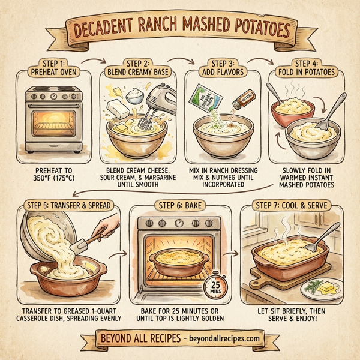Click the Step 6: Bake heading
(x=180, y=206)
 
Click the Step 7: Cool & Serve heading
(x=291, y=206)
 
